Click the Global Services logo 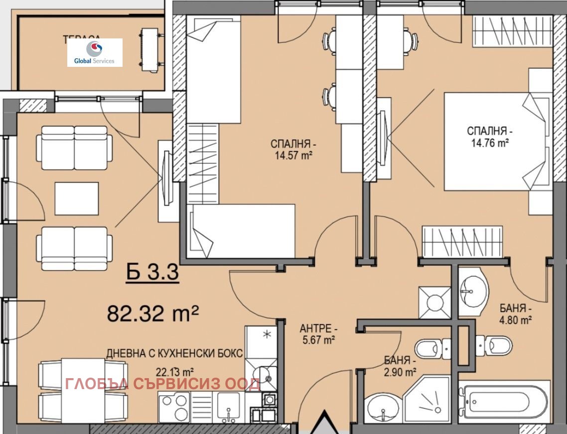point(95,52)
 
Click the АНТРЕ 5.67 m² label point(317,334)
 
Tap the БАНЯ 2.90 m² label point(400,366)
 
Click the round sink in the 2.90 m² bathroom point(383,408)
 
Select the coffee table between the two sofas point(76,199)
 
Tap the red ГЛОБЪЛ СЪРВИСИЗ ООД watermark point(162,384)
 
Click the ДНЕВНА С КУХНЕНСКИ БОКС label point(174,353)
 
